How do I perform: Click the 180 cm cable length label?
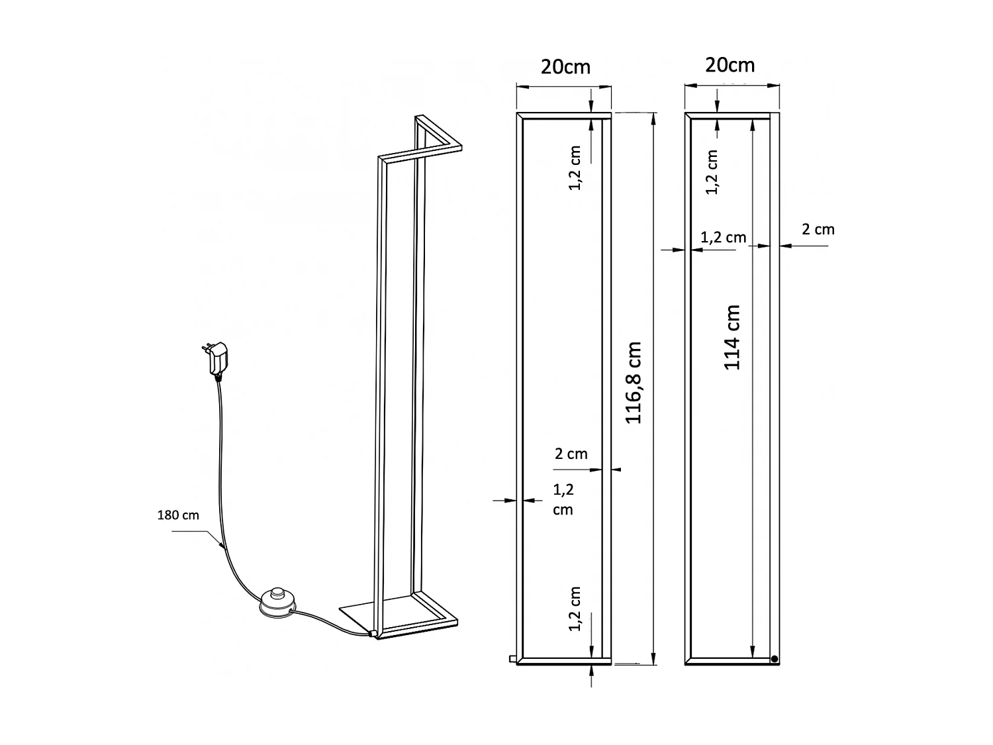tap(177, 515)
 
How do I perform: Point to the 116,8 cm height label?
tap(634, 383)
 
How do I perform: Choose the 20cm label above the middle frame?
tap(565, 67)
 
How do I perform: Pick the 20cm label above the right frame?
tap(730, 65)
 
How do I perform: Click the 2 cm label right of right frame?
tap(818, 230)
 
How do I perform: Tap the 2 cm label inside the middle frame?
tap(571, 454)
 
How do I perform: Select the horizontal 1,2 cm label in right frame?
tap(723, 237)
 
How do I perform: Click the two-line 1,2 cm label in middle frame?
tap(563, 499)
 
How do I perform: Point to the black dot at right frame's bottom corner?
tap(774, 658)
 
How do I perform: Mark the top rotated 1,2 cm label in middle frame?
tap(575, 168)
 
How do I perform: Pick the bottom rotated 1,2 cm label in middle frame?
tap(575, 609)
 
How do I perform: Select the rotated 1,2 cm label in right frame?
tap(712, 172)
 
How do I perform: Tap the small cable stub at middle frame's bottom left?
tap(511, 658)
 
